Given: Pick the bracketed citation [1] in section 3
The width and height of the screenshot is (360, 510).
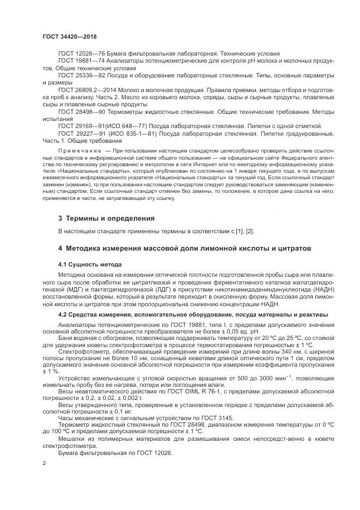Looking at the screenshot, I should coord(235,232).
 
